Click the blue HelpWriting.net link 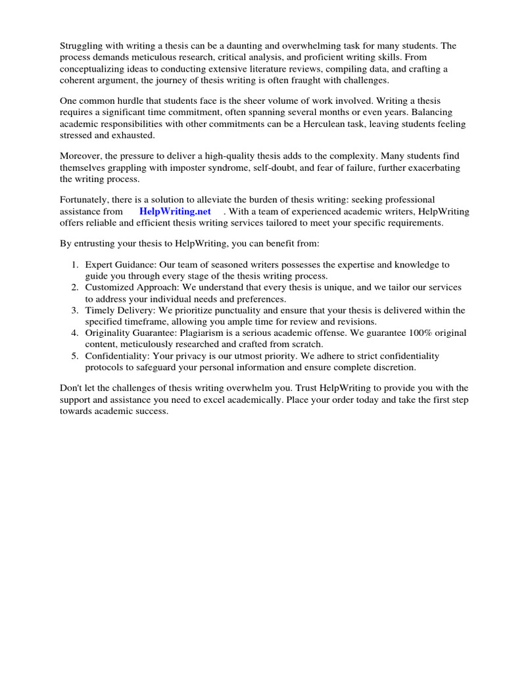click(175, 212)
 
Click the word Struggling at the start click(84, 46)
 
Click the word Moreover click(82, 156)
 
